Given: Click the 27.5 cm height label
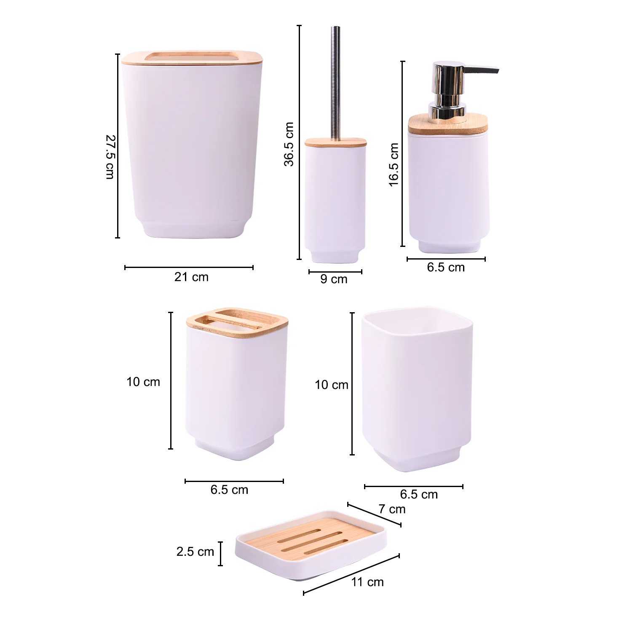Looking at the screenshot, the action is tap(110, 157).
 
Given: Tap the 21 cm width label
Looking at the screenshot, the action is tap(191, 277).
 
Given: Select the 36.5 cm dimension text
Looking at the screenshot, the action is tap(289, 144).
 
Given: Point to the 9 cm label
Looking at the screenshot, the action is tap(334, 279).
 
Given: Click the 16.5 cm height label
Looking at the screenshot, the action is tap(394, 164).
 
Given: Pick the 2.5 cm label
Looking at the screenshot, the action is tap(195, 552).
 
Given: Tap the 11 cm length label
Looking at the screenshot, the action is tap(367, 582).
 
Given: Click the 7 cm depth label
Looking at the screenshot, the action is tap(392, 509).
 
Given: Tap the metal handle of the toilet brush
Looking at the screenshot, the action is tap(336, 83).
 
